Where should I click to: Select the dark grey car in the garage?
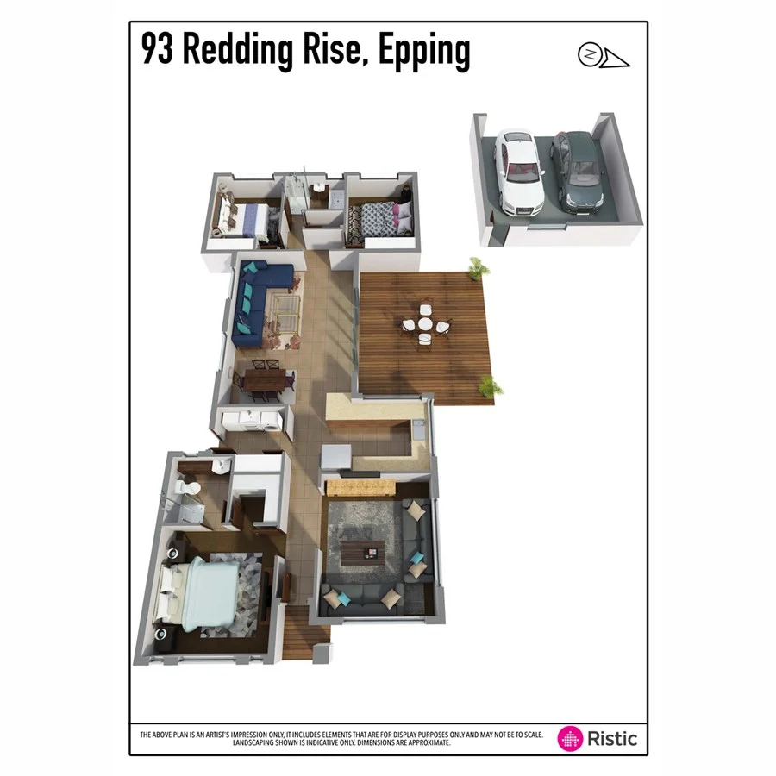(x=577, y=171)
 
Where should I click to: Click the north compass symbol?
(x=589, y=53)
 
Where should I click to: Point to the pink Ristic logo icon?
(x=571, y=738)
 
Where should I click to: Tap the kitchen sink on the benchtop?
(x=417, y=428)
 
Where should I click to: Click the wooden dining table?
(x=264, y=380)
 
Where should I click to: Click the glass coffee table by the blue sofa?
(x=285, y=305)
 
